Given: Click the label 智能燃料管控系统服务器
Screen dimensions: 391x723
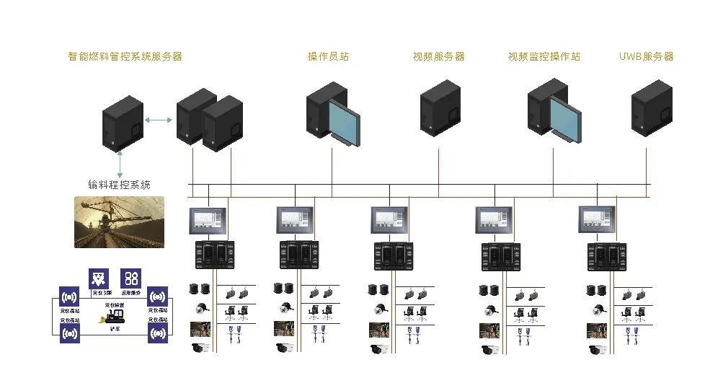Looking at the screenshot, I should pos(125,56).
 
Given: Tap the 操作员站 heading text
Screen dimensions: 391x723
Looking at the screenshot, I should pos(328,56).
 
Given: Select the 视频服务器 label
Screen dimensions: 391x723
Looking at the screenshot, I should pos(438,56).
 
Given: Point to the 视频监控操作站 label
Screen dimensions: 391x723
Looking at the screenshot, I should pos(544,56).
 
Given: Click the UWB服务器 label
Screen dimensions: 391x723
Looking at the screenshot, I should pos(646,56).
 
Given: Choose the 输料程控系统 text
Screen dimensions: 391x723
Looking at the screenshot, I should pos(119,185).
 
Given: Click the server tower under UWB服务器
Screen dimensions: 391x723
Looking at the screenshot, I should pos(652,107).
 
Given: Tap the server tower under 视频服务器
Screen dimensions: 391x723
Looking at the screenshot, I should pos(440,107).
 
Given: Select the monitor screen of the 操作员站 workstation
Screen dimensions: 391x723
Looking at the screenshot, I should pos(344,120).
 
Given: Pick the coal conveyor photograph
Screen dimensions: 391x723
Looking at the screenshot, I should pos(119,222).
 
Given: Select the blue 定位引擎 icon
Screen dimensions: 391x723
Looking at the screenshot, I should pos(99,279).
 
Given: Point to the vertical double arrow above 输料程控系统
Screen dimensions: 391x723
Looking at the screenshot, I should pos(119,163).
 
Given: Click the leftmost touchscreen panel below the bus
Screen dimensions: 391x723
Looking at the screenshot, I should pos(208,220).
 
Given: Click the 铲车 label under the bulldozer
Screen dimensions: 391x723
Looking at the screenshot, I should pos(115,328).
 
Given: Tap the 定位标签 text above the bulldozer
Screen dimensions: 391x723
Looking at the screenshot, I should pos(115,306).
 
